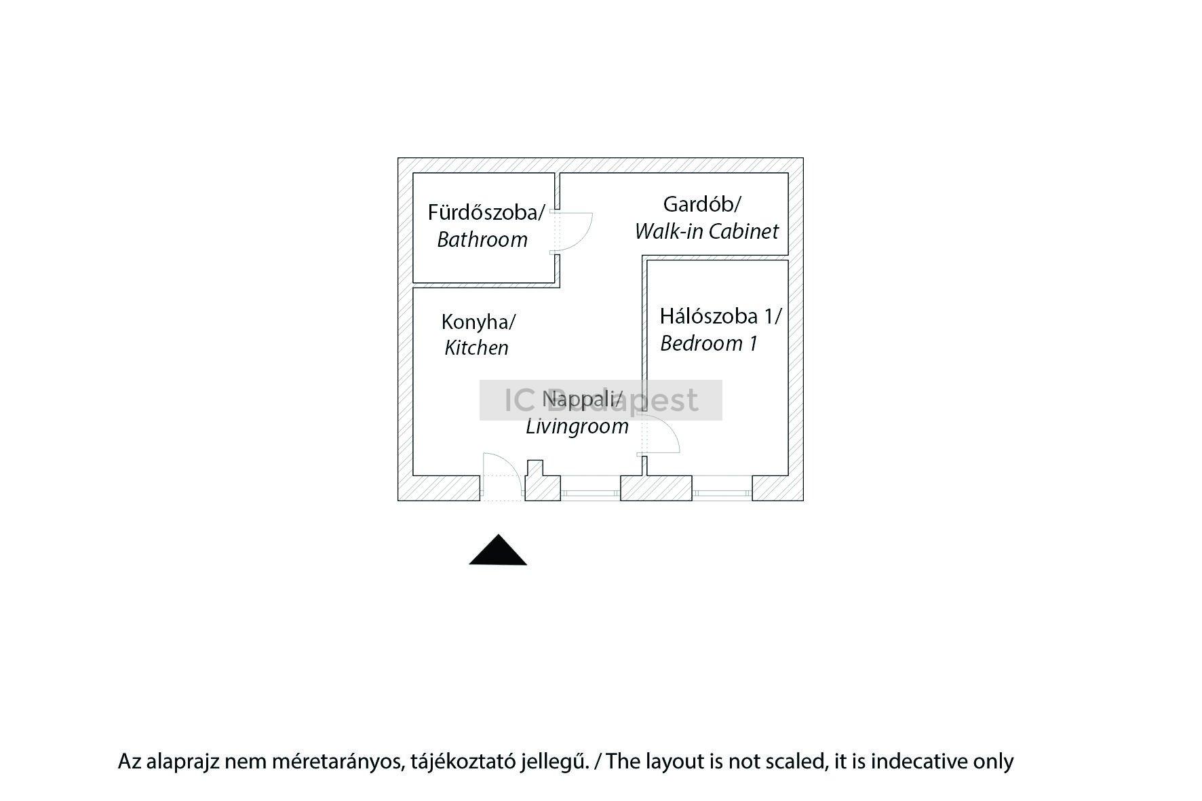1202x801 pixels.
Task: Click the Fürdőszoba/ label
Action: (486, 212)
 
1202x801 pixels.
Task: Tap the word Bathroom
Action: (482, 239)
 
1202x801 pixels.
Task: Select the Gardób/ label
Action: (702, 203)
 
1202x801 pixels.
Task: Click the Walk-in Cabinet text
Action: (706, 231)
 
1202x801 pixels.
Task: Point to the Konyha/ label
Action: (478, 321)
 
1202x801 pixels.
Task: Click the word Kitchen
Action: (476, 348)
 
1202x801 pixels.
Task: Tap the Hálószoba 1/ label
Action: (720, 316)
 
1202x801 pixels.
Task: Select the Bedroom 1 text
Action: (708, 343)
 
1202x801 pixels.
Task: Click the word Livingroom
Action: (577, 427)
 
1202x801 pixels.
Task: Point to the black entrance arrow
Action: (498, 550)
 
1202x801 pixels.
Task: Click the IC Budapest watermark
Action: (600, 400)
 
